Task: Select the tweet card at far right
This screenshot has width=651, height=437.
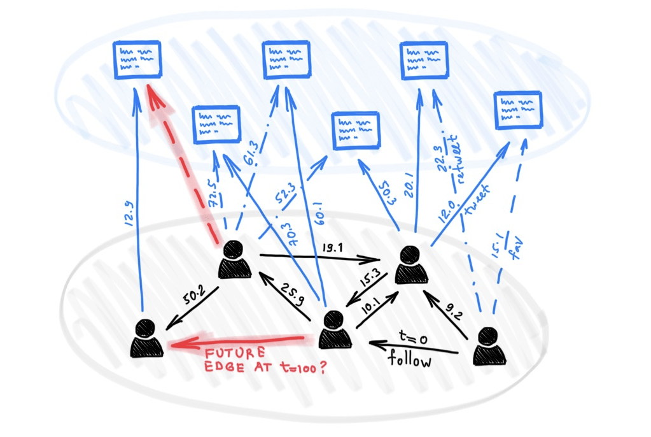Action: [x=518, y=110]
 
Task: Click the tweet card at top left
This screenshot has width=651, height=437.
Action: [x=137, y=59]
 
